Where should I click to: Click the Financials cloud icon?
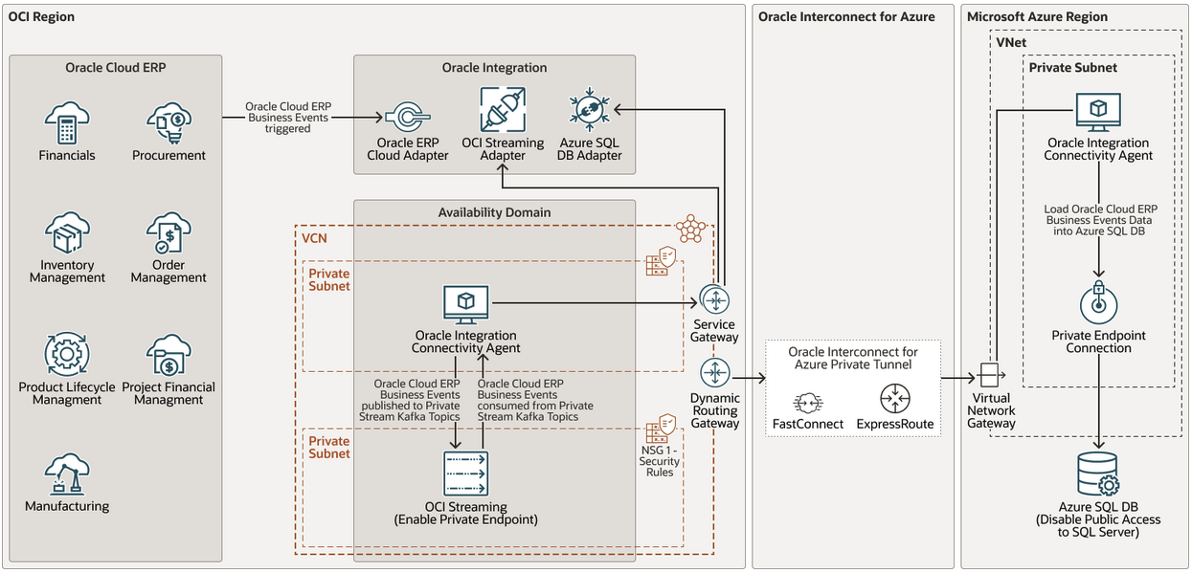(66, 123)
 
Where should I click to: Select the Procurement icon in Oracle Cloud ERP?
(169, 123)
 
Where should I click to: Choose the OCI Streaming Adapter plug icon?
(503, 110)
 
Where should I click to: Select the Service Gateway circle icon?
(715, 299)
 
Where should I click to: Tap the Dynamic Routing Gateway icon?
(715, 372)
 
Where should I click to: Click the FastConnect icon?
(807, 401)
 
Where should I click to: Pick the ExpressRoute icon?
(894, 399)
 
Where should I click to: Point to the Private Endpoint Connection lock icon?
(1098, 303)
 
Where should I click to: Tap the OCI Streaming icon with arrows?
(465, 474)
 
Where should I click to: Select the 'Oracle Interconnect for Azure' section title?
(846, 16)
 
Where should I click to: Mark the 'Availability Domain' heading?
(494, 211)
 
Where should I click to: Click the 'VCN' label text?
(314, 237)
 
